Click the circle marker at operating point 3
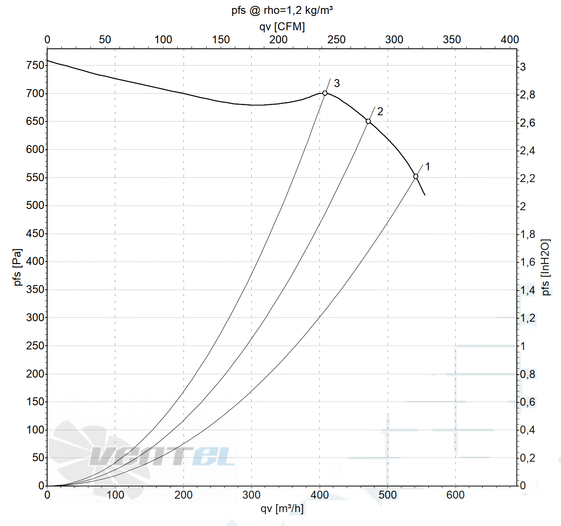coord(325,93)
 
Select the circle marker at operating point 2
coord(368,122)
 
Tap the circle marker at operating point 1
coord(416,177)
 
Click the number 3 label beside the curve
coord(337,83)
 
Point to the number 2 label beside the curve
coord(380,111)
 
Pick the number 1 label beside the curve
coord(428,167)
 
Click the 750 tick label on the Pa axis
coord(35,65)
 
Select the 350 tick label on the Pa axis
coord(35,289)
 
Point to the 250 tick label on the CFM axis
coord(336,40)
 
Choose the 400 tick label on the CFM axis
coord(510,40)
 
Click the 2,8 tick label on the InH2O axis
coord(528,95)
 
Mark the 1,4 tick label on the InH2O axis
coord(528,290)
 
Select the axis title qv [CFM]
coord(282,26)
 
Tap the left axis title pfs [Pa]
coord(18,267)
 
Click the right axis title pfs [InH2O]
coord(546,267)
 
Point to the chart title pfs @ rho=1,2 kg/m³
coord(282,10)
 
